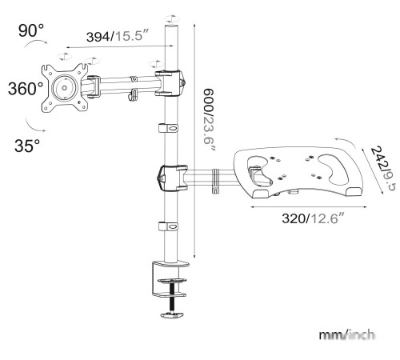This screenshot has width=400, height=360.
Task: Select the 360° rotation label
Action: (x=25, y=88)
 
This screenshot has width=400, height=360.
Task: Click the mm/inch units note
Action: (x=346, y=334)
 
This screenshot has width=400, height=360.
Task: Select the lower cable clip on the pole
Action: (x=170, y=227)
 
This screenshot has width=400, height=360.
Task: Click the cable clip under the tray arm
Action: (x=214, y=189)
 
